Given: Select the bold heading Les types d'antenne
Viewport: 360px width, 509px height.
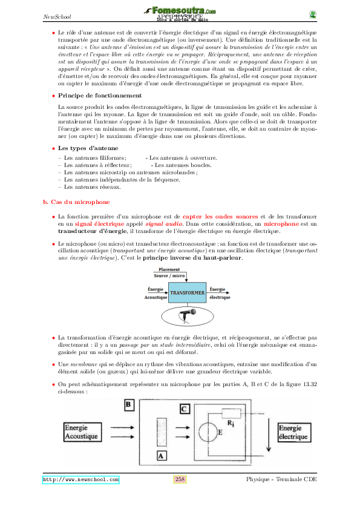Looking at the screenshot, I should [x=88, y=148].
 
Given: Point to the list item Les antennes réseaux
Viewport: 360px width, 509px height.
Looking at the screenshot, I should [x=87, y=187].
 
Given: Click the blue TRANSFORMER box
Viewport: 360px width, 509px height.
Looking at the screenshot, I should [x=187, y=293].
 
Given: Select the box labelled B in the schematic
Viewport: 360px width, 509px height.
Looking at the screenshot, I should [x=128, y=404].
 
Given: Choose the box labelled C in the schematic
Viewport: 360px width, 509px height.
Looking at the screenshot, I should [x=184, y=409].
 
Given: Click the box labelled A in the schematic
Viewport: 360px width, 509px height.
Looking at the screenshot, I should [x=160, y=455].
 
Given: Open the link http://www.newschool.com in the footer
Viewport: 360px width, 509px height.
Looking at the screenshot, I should [x=80, y=479].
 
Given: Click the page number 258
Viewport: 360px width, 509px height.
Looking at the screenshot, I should [x=180, y=479].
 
